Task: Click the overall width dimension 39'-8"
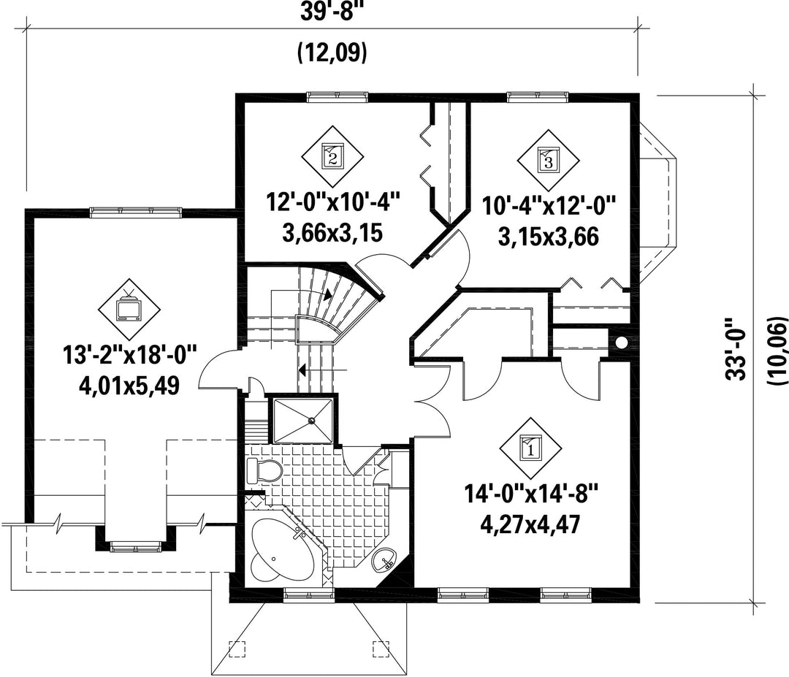pos(332,11)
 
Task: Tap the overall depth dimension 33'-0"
pos(736,348)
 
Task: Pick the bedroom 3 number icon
pos(549,161)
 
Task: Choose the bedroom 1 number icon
pos(531,448)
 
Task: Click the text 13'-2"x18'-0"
pos(129,355)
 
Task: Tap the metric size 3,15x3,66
pos(549,237)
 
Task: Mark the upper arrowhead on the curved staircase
pos(327,294)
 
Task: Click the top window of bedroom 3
pos(538,96)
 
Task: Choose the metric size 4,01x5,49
pos(129,386)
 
